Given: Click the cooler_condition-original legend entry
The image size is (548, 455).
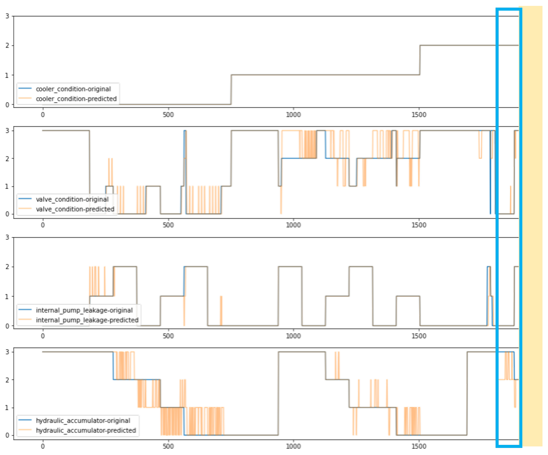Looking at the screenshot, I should point(73,89).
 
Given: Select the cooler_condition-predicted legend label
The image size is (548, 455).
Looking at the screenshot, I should point(76,99).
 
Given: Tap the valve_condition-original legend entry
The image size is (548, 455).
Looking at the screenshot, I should point(72,199).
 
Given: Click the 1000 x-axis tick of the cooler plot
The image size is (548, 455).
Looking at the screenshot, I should point(293,115).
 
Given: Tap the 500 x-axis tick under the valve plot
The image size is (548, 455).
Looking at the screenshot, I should point(168,225).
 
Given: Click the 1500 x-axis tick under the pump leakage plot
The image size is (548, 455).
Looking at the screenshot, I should point(419,336).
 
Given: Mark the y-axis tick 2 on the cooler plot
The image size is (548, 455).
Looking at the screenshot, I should point(7,46).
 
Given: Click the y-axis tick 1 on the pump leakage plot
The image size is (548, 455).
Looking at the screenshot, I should point(7,297).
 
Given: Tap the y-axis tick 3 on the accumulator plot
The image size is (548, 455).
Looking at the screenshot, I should point(7,352).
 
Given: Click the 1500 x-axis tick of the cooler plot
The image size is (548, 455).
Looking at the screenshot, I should point(419,115).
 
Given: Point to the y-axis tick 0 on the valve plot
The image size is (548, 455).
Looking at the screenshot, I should point(7,214).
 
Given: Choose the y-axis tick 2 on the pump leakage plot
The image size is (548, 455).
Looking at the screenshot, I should point(7,267).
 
